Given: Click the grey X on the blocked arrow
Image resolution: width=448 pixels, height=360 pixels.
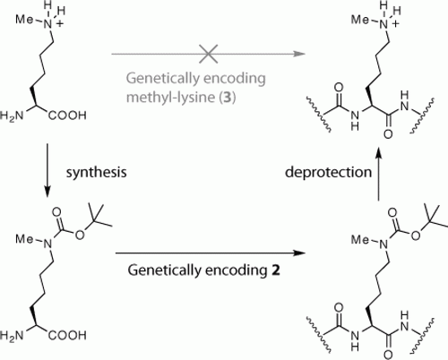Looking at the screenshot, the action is [208, 54].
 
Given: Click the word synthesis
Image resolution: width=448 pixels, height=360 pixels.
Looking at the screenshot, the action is [96, 172].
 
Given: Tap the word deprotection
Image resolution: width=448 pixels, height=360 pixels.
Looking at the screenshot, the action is [328, 172].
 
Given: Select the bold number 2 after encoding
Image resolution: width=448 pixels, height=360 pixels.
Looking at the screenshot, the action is [276, 270].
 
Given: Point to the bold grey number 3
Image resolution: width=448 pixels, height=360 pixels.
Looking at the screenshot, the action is [228, 98].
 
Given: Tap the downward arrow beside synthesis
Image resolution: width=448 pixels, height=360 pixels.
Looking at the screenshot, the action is [47, 170].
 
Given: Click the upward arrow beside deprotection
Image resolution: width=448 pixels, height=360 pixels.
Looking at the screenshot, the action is [379, 174].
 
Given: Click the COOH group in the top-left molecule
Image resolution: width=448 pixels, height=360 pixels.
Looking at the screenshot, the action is [67, 116].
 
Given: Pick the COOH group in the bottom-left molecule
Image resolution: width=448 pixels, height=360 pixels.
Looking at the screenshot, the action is [67, 335].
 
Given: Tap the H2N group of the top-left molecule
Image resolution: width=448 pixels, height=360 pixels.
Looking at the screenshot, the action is [12, 116].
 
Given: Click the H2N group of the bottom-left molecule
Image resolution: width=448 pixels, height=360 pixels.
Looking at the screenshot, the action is [12, 336].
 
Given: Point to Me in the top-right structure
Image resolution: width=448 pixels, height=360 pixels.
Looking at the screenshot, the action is [360, 20].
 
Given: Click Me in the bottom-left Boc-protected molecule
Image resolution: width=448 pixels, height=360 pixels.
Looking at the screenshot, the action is [25, 239].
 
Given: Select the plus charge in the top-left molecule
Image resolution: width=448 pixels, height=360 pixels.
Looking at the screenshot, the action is [60, 24].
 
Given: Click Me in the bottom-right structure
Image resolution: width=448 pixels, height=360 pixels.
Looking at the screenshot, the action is [360, 239].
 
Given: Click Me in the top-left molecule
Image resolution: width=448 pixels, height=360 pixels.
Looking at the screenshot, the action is [25, 20].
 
